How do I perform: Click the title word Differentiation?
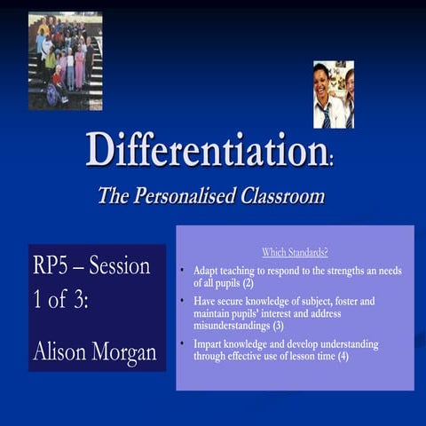208,150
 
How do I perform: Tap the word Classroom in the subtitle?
282,196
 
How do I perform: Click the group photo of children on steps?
65,60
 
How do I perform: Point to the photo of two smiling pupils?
334,94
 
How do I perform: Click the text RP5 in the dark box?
54,266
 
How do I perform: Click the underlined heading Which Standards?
295,253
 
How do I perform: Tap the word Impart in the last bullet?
208,343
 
